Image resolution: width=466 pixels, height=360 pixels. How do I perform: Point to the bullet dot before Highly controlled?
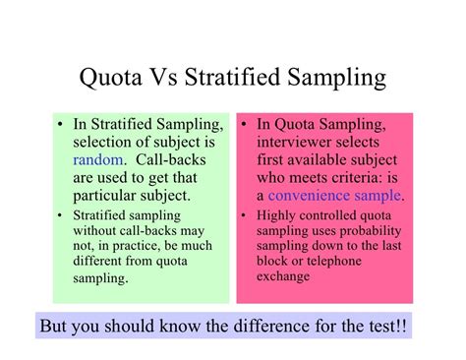246,214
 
